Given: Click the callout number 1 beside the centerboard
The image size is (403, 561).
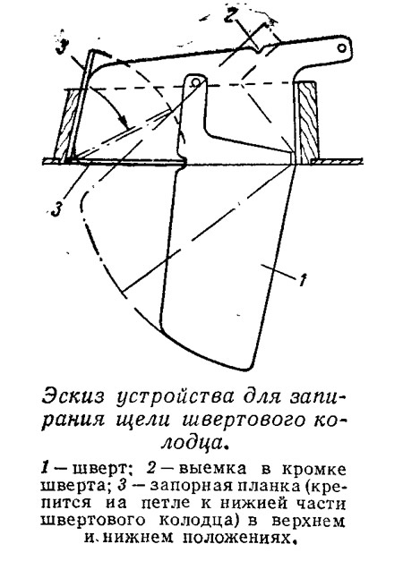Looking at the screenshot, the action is click(x=303, y=280).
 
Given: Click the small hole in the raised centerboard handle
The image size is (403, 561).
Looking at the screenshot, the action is click(x=342, y=47).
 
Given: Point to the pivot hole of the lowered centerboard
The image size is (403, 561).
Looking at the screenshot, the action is click(x=195, y=82).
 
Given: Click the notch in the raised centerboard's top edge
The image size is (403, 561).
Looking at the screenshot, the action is click(x=259, y=49).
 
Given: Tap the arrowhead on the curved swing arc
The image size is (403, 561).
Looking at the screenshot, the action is click(x=124, y=122).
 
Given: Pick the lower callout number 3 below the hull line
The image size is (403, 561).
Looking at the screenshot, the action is click(x=56, y=209).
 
